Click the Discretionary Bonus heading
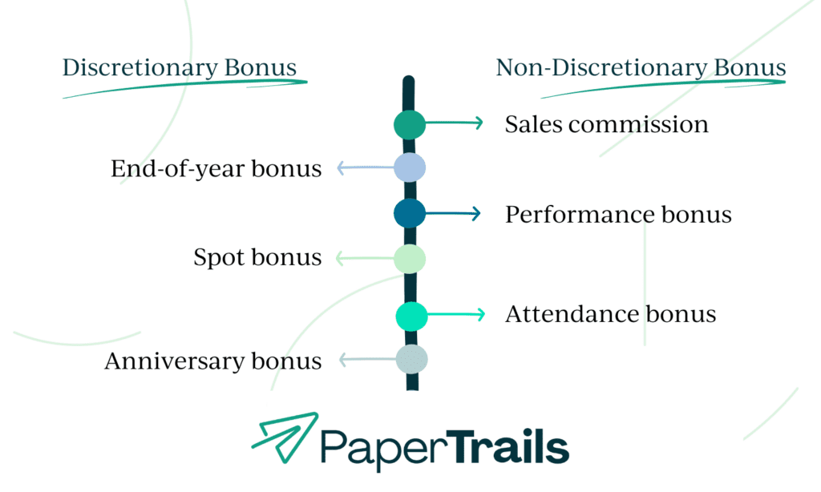(x=180, y=68)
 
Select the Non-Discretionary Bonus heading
(x=641, y=68)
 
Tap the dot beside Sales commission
(x=410, y=123)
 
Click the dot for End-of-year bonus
(x=410, y=167)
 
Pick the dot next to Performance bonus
(x=410, y=213)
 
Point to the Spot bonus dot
(x=410, y=258)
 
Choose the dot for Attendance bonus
(x=411, y=315)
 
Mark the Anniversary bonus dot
(x=411, y=359)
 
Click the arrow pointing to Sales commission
(x=454, y=123)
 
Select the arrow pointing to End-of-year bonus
(x=365, y=167)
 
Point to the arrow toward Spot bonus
(x=365, y=258)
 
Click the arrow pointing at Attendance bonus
(x=455, y=314)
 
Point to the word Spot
(x=219, y=258)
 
